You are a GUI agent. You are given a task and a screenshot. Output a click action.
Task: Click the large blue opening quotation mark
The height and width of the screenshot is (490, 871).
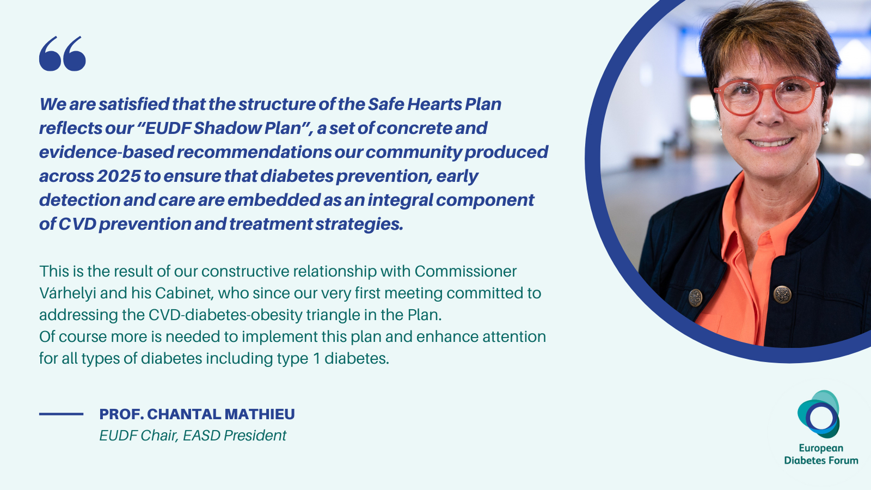click(x=62, y=54)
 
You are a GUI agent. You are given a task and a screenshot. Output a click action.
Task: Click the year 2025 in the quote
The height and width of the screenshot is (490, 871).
click(x=119, y=176)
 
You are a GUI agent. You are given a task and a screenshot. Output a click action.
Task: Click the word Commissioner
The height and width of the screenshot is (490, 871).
click(x=465, y=272)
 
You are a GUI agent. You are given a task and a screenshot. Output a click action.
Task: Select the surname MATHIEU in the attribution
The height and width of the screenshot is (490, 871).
click(x=260, y=414)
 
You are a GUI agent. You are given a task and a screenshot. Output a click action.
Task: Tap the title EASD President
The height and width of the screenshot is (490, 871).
click(x=235, y=436)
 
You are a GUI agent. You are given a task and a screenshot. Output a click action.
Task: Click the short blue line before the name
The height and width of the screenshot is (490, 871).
click(x=61, y=414)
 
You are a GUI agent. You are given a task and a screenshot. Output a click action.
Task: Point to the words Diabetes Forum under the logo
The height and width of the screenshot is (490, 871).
click(x=821, y=461)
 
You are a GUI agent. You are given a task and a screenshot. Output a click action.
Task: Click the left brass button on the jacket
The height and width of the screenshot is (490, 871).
click(x=695, y=298)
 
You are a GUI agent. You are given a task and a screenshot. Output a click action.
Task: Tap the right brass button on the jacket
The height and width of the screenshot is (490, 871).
click(x=782, y=294)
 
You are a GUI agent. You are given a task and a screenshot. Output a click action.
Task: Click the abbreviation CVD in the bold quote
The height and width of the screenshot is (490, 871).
click(x=77, y=224)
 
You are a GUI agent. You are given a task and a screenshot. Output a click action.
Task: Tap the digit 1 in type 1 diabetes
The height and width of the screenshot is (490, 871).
click(x=316, y=359)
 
